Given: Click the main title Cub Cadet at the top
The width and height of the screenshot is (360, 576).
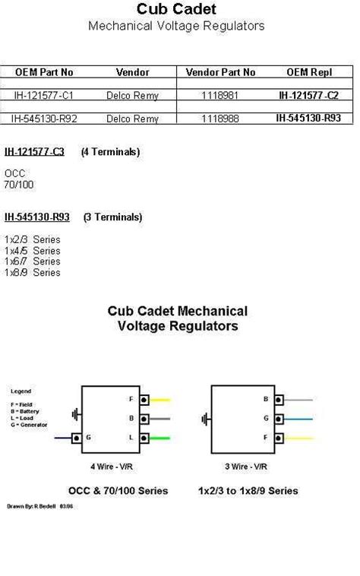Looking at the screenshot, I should pyautogui.click(x=176, y=9).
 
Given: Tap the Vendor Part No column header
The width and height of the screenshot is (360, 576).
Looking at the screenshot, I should pyautogui.click(x=220, y=72).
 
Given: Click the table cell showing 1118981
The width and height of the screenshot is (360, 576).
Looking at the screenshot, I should pyautogui.click(x=220, y=95).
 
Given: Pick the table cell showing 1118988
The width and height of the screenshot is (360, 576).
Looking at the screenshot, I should pyautogui.click(x=220, y=119).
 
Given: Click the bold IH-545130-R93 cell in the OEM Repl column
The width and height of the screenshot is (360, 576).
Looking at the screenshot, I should pyautogui.click(x=309, y=118).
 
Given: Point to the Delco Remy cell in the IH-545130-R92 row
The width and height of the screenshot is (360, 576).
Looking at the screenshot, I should pyautogui.click(x=132, y=119).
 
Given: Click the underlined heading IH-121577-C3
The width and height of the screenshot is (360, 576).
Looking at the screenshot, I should pyautogui.click(x=34, y=152).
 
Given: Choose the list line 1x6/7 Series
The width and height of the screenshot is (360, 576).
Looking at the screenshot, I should pyautogui.click(x=32, y=261).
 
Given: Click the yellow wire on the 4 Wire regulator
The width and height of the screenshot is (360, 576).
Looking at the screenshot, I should pyautogui.click(x=160, y=400).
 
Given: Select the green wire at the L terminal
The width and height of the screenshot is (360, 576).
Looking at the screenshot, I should pyautogui.click(x=160, y=437).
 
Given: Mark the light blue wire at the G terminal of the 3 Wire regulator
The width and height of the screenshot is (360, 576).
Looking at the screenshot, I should pyautogui.click(x=298, y=418).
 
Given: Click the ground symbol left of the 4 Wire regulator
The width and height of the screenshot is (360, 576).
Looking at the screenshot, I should pyautogui.click(x=75, y=415).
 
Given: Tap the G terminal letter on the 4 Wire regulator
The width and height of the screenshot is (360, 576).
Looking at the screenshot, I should pyautogui.click(x=90, y=438).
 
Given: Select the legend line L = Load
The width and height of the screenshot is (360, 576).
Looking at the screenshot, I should pyautogui.click(x=24, y=417).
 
